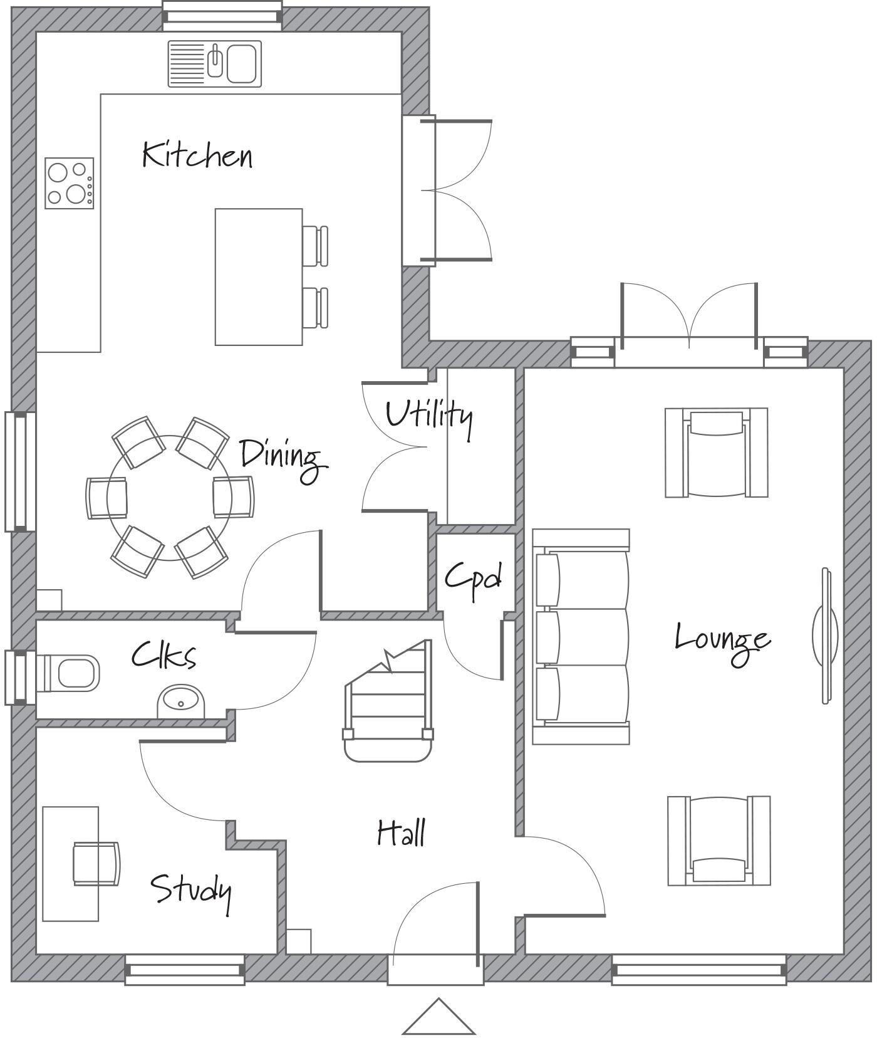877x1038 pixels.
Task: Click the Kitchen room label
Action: (x=197, y=155)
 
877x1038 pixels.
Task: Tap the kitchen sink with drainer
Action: (x=214, y=64)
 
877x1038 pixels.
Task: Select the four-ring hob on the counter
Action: (x=69, y=183)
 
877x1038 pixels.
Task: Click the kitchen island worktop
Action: (x=259, y=277)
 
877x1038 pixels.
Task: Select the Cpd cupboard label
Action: (x=473, y=577)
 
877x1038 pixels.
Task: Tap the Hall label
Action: (x=401, y=834)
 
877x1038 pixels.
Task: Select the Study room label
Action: (x=190, y=889)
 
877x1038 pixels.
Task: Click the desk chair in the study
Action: (x=96, y=864)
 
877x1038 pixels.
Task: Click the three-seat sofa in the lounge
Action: (x=581, y=637)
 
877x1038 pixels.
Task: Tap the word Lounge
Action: (x=722, y=639)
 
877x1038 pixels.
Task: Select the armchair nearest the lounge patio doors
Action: (x=716, y=453)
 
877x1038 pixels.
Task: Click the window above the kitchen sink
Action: (x=222, y=15)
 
